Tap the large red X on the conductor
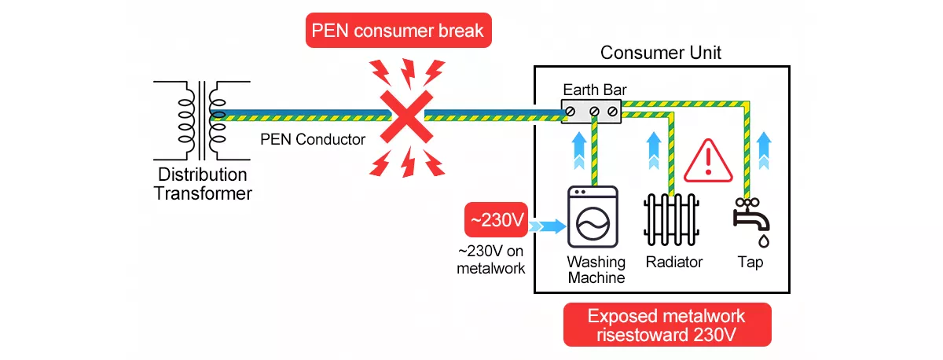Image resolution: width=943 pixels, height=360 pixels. [x=405, y=116]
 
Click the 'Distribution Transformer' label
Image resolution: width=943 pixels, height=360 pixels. [x=202, y=183]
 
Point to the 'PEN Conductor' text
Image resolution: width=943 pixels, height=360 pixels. [x=313, y=141]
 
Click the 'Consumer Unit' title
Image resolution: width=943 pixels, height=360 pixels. [x=660, y=53]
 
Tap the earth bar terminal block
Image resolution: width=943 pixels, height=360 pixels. [x=592, y=111]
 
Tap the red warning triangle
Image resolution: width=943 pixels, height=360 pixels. [x=707, y=161]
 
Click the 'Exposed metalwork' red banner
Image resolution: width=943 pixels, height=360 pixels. [x=667, y=325]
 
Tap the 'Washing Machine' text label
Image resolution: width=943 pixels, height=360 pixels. [x=596, y=270]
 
